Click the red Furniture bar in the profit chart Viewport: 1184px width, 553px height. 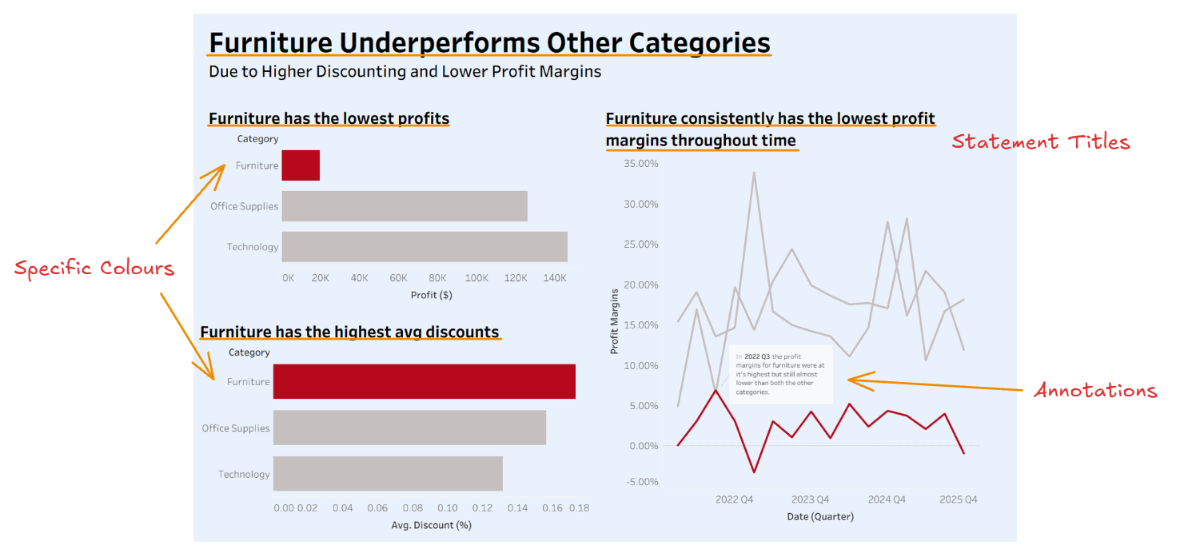coord(301,165)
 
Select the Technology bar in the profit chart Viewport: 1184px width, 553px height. coord(425,247)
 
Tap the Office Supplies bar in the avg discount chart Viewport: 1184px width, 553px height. coord(409,428)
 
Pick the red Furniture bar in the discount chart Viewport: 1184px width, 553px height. coord(424,382)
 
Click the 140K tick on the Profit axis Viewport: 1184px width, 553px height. coord(555,278)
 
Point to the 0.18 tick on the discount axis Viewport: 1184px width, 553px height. coord(578,507)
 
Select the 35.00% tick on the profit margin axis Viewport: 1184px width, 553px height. coord(640,164)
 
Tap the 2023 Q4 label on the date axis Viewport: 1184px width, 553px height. coord(810,499)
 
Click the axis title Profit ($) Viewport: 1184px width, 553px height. coord(431,295)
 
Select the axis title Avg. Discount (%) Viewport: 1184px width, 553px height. coord(431,525)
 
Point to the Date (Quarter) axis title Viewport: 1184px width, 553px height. coord(820,516)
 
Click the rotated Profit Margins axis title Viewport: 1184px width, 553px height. coord(615,321)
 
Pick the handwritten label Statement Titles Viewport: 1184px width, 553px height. coord(1040,143)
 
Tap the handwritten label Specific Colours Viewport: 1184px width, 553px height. coord(94,269)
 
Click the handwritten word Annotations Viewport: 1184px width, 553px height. coord(1095,391)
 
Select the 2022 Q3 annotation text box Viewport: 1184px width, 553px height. coord(781,374)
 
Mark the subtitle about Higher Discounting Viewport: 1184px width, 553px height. coord(405,71)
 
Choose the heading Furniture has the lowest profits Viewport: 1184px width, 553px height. coord(329,119)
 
